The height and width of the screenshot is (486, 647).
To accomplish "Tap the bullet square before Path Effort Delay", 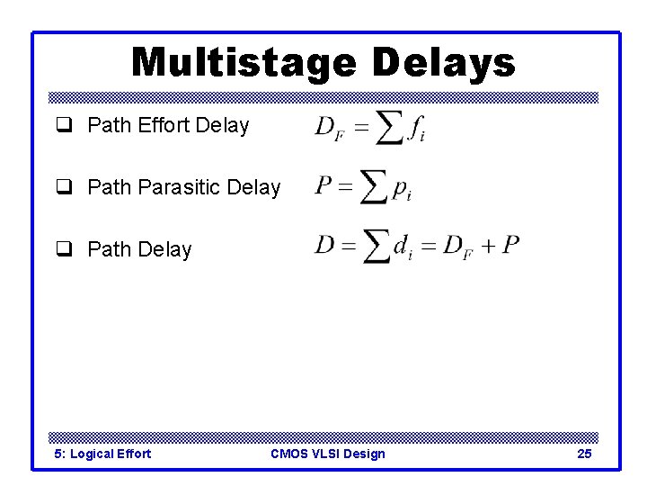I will (64, 126).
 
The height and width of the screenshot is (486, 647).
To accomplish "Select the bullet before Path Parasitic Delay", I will (64, 188).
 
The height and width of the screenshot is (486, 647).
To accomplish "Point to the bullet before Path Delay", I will (64, 250).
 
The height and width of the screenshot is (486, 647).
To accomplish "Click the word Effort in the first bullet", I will (162, 126).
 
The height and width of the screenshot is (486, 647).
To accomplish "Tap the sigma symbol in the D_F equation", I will (388, 127).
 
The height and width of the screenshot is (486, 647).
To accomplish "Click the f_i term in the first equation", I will (416, 129).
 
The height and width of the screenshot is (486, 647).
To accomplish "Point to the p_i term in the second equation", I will (402, 190).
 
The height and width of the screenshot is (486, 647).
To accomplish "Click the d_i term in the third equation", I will (404, 247).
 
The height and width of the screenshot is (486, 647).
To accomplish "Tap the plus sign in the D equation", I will (489, 247).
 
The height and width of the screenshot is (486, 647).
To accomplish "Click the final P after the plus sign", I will (510, 245).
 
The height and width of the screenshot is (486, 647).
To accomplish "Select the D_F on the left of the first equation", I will (329, 128).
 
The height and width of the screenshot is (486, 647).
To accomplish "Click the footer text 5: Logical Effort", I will (102, 454).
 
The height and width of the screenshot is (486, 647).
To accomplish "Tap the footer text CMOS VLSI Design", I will (327, 454).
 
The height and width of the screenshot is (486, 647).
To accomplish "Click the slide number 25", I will (584, 454).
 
